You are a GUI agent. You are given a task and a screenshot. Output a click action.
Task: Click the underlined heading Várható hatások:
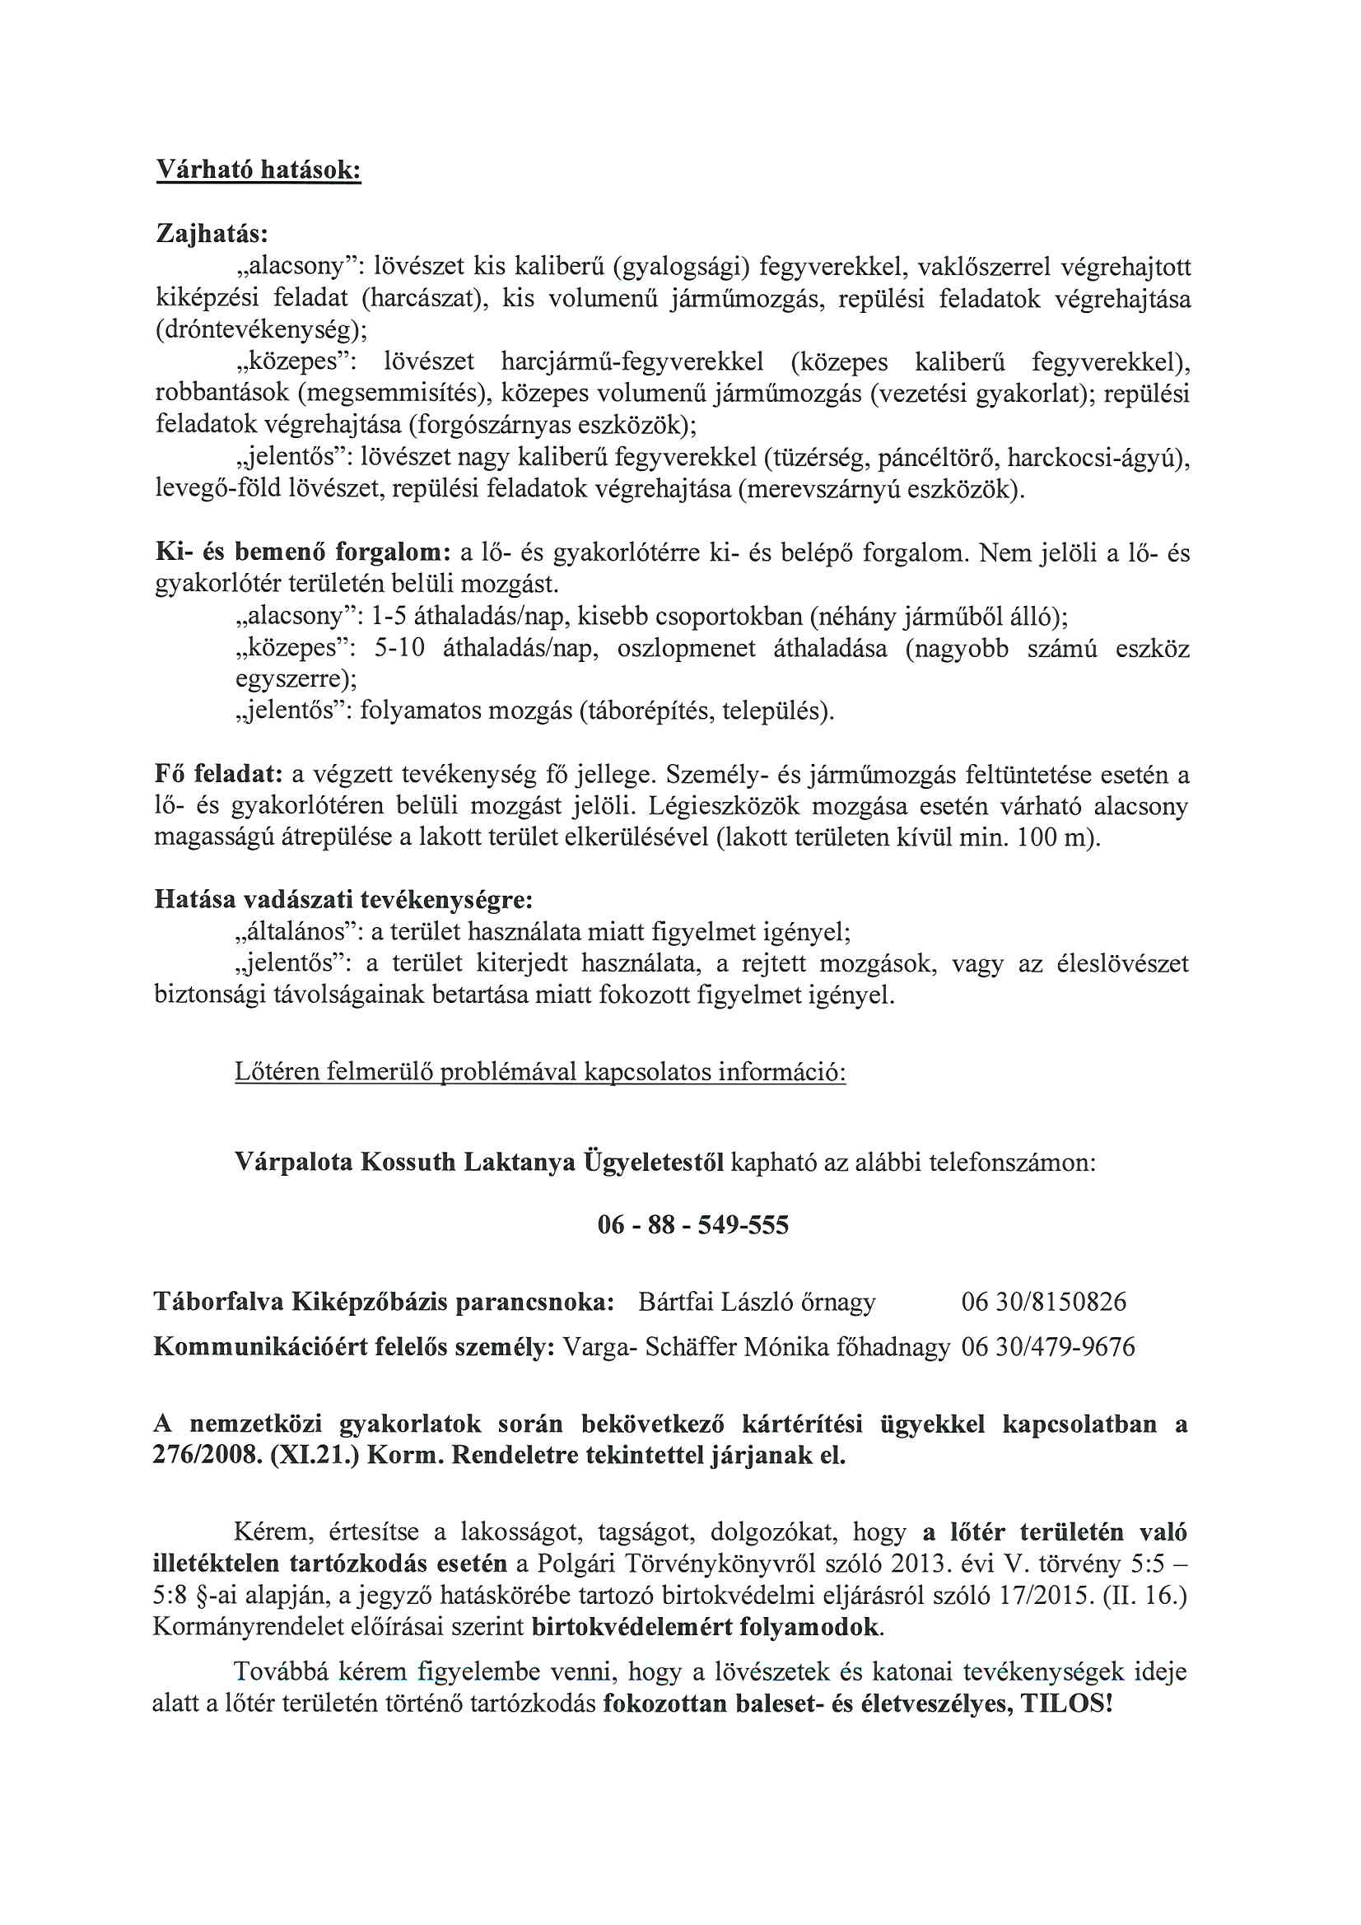point(259,170)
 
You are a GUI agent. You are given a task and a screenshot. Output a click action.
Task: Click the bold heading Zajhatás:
point(212,234)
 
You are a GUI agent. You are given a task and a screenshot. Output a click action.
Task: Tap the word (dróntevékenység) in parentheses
point(261,329)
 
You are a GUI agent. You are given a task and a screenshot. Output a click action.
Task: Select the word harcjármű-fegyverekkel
point(632,362)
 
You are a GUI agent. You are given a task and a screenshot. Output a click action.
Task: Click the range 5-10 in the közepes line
point(399,648)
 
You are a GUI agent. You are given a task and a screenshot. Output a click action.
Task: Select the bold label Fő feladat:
point(218,774)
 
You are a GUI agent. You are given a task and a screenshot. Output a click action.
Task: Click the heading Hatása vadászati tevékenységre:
point(344,901)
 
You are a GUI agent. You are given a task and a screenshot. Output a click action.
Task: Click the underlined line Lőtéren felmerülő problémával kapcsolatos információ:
point(540,1072)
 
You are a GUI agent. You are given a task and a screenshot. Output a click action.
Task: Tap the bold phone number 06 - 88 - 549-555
point(692,1225)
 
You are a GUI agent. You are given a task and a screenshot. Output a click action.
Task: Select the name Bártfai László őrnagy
point(757,1302)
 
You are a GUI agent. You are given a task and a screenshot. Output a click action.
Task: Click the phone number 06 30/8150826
point(1043,1302)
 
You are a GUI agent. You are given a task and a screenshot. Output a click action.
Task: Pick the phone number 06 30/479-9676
point(1047,1347)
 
